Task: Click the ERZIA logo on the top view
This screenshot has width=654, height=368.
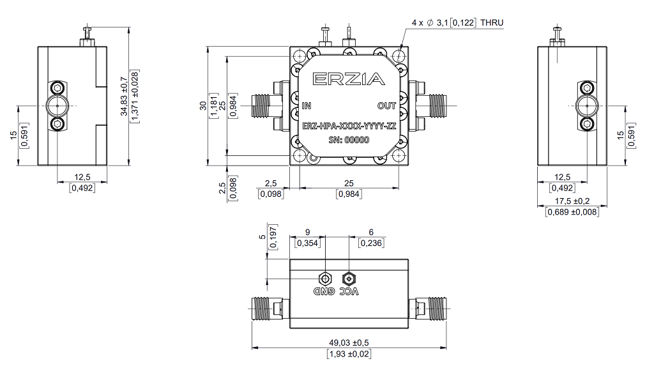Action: [x=349, y=79]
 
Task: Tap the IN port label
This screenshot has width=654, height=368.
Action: [x=307, y=105]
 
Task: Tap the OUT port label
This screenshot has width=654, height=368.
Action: [x=386, y=105]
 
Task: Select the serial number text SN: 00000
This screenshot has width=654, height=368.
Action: [x=349, y=140]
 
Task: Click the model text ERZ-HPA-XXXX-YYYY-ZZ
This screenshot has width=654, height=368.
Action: [x=349, y=126]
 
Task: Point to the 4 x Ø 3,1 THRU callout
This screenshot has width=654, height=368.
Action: [x=457, y=22]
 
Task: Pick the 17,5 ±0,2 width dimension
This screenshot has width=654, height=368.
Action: [x=572, y=201]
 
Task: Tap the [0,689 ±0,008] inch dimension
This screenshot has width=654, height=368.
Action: [x=572, y=211]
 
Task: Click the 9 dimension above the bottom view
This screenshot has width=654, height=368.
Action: [x=308, y=232]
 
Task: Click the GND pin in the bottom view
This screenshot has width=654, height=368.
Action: [x=324, y=279]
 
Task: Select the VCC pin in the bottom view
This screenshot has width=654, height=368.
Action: [x=349, y=279]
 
